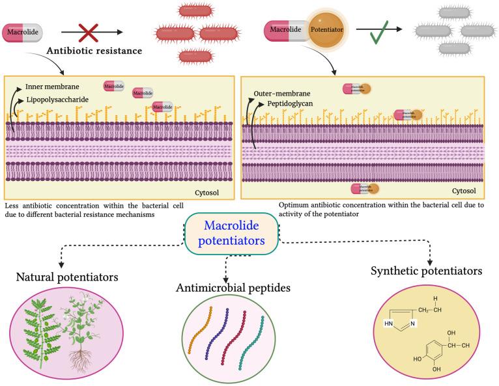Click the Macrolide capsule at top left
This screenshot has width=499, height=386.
click(23, 31)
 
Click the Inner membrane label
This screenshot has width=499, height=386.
click(52, 87)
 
